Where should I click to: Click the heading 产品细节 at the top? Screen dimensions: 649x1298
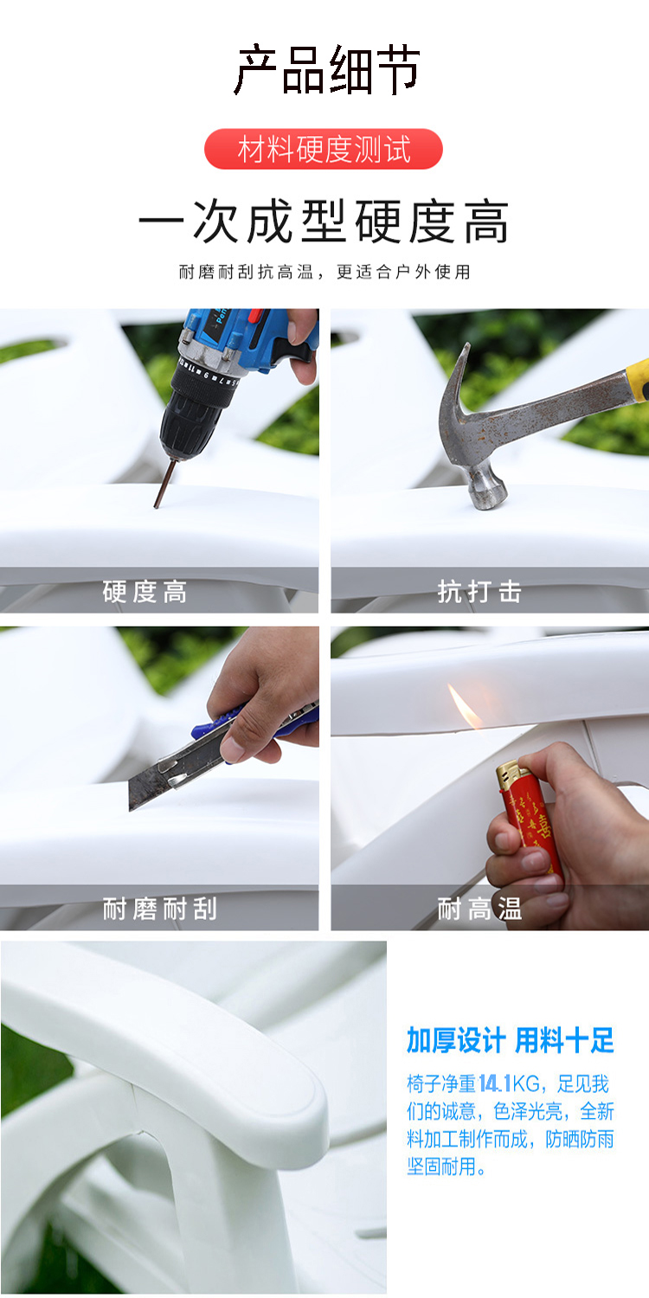click(326, 70)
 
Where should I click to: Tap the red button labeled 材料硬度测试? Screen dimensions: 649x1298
click(324, 149)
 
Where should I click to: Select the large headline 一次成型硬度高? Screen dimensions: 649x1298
click(324, 221)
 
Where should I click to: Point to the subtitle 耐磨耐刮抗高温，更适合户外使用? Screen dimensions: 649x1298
click(324, 271)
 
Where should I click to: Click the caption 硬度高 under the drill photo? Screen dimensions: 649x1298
click(145, 592)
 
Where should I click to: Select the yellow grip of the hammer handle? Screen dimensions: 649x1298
click(638, 379)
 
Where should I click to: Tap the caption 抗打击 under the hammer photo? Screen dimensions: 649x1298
click(479, 592)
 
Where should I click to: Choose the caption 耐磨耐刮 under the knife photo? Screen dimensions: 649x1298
click(159, 909)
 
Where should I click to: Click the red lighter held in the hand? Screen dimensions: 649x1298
click(529, 817)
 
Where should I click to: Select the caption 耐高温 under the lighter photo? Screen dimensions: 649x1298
click(479, 909)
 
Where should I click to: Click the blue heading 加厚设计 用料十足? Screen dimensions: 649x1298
click(510, 1039)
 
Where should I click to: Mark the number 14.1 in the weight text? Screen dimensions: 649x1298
click(495, 1083)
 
